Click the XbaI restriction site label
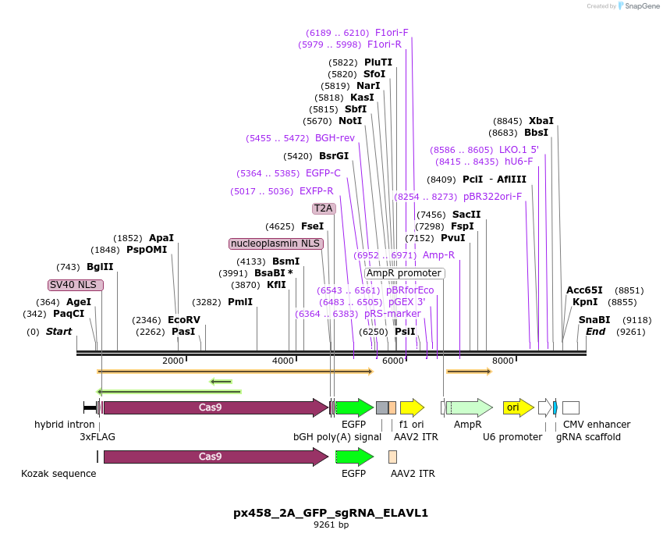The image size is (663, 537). [541, 121]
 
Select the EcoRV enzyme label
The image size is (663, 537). [183, 320]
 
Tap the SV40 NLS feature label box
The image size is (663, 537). [75, 285]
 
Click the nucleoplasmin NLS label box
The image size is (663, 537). [275, 244]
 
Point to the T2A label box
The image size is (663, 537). [323, 208]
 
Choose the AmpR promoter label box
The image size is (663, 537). [403, 273]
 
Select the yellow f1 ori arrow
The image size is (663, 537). [411, 407]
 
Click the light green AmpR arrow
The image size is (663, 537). [469, 407]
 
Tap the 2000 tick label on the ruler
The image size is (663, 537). [173, 361]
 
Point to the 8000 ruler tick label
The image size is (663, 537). [503, 361]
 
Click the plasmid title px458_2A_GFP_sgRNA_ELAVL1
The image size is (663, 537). [331, 513]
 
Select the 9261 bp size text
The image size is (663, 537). [331, 525]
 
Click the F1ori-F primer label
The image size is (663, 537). [392, 33]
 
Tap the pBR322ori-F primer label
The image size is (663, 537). [492, 197]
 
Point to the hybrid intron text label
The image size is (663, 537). [64, 425]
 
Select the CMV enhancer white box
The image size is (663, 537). [570, 407]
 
